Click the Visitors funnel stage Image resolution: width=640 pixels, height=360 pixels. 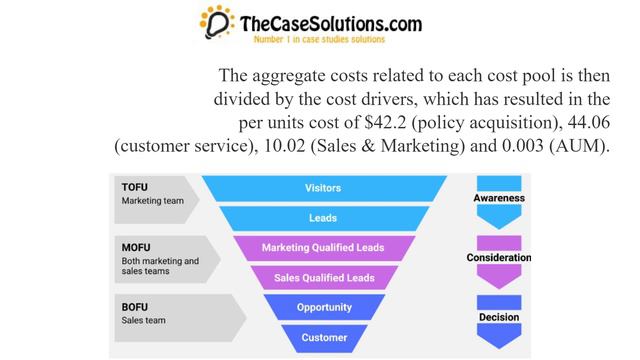point(322,188)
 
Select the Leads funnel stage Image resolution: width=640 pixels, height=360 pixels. point(322,218)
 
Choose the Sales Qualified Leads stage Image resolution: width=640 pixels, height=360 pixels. point(322,278)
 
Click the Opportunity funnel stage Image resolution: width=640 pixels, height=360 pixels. point(322,308)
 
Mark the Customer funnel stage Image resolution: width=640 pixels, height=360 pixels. point(322,338)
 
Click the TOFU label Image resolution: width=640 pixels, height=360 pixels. point(135,187)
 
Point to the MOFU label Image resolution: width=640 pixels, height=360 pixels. point(135,247)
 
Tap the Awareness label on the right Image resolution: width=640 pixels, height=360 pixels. point(498,198)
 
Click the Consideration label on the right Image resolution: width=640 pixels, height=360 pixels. point(498,258)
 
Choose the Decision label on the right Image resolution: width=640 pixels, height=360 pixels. point(498,317)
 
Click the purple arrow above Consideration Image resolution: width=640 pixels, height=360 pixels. point(498,241)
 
